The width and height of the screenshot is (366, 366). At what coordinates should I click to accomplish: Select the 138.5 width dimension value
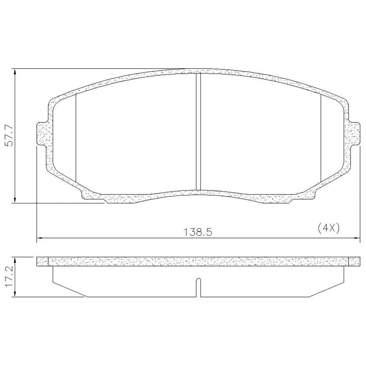click(198, 232)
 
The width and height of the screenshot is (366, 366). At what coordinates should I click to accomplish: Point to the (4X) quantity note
click(329, 228)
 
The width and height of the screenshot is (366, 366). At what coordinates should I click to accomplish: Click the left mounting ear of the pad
click(43, 134)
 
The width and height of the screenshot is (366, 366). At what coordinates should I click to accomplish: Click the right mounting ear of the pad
click(354, 134)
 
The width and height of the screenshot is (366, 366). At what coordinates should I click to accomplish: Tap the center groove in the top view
click(198, 131)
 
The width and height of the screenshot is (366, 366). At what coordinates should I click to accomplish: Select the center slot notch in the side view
click(198, 288)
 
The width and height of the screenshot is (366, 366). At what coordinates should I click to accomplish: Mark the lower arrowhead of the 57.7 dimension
click(15, 200)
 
